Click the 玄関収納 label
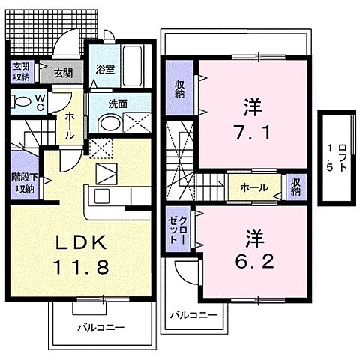(20, 72)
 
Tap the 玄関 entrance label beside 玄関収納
(62, 73)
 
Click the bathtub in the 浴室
(134, 67)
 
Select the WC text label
(39, 102)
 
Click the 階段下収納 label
(22, 183)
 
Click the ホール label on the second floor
(254, 187)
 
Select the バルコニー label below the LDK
(100, 328)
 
